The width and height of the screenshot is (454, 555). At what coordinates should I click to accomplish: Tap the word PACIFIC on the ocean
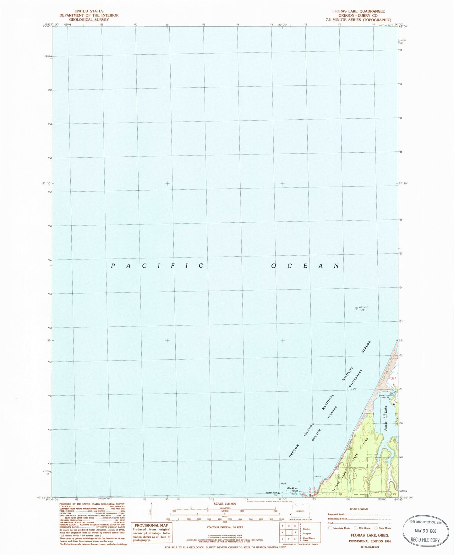(x=157, y=266)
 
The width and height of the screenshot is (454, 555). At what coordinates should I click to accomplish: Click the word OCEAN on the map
(x=305, y=266)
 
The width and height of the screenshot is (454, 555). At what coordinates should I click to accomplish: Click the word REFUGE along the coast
(x=366, y=347)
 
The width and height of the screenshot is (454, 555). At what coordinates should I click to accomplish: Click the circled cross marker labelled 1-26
(x=349, y=389)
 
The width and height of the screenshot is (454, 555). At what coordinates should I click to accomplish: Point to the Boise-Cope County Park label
(x=385, y=396)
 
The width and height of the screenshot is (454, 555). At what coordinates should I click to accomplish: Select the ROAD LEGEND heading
(x=358, y=509)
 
